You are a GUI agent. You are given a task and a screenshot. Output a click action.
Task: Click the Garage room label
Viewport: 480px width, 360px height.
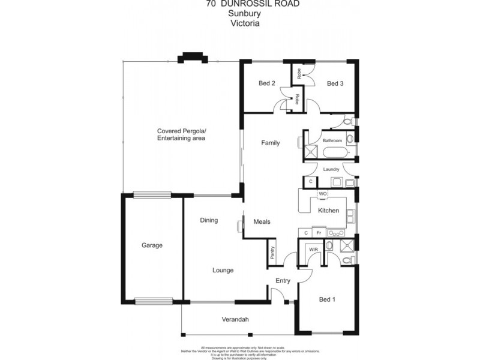pos(152,245)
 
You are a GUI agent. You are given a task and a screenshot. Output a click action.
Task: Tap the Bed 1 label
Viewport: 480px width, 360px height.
pos(327,299)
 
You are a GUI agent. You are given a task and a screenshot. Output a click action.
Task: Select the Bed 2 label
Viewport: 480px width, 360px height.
pos(267,83)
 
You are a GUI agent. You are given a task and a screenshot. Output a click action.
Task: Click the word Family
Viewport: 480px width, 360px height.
pos(270,143)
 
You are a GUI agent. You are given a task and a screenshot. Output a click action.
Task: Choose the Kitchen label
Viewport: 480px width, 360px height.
pos(328,211)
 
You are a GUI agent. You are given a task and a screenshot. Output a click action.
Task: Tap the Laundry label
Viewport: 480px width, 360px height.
pos(331,169)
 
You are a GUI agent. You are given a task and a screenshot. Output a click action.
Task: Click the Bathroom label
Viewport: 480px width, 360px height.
pos(332,140)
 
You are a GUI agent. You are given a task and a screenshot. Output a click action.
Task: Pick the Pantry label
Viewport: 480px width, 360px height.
pos(273,254)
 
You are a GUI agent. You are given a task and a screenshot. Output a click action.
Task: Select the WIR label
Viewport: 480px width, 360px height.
pos(313,249)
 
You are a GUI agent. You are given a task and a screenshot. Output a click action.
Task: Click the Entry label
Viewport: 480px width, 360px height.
pos(283,280)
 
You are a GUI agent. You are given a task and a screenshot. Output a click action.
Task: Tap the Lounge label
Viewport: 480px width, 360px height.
pos(223,270)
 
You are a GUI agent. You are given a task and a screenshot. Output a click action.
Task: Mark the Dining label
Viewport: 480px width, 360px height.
pos(209,220)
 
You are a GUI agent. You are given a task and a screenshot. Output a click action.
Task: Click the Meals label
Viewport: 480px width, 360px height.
pos(262,221)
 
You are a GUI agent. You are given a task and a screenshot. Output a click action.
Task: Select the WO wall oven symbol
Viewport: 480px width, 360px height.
pos(322,194)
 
